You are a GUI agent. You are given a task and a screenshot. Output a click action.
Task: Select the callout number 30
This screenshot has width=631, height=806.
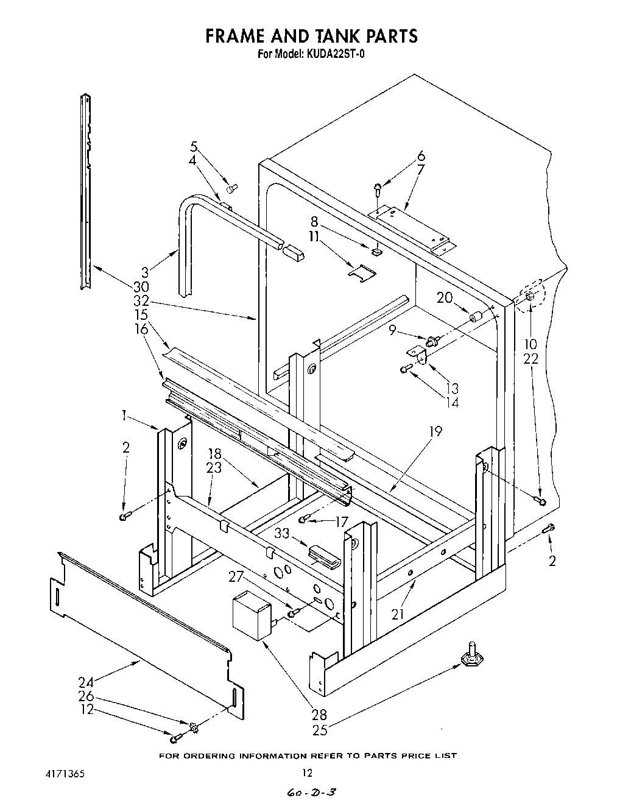[x=141, y=286]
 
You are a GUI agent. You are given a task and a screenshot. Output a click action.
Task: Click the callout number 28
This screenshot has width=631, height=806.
[x=319, y=715]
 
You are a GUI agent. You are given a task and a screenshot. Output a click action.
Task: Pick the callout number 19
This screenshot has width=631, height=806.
[x=435, y=431]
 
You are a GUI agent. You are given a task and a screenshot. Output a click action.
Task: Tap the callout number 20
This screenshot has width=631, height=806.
[x=445, y=297]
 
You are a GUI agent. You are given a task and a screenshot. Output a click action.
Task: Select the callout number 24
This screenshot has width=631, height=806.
[x=86, y=682]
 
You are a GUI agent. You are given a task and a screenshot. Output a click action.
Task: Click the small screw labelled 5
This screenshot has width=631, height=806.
[x=232, y=186]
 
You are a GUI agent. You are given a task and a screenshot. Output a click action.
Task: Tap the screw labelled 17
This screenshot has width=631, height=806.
[x=305, y=519]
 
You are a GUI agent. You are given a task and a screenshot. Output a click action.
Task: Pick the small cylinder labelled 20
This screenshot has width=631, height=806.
[x=476, y=317]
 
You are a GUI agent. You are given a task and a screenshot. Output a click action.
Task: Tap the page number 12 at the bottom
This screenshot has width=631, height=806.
[x=308, y=772]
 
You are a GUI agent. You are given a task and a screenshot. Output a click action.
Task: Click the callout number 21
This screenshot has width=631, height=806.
[x=398, y=614]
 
